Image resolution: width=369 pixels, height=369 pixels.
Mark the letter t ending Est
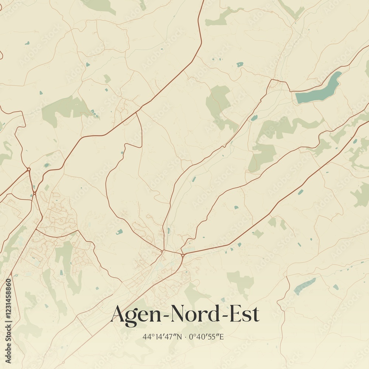point(256,315)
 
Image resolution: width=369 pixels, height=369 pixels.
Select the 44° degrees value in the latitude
point(148,337)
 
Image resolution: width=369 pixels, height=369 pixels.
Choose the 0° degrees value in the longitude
point(191,337)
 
